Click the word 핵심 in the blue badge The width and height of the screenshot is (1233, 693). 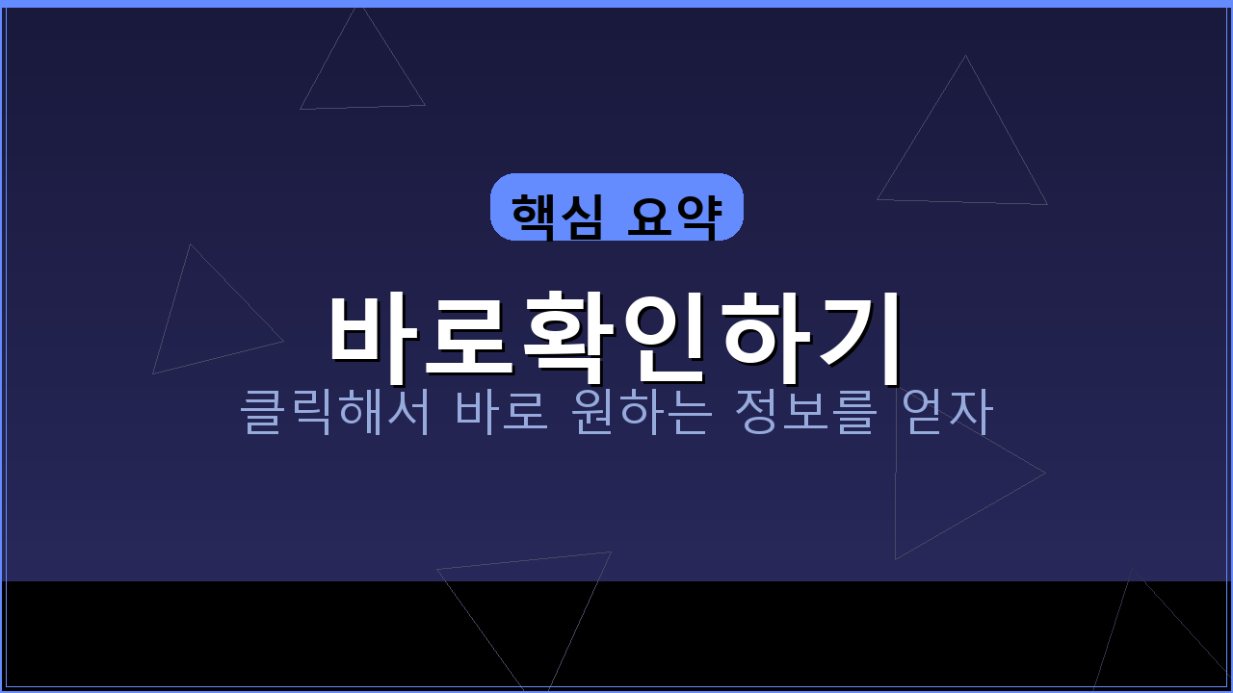point(557,216)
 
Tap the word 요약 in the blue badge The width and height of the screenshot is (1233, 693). point(673,216)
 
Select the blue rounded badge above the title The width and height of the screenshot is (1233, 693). point(616,207)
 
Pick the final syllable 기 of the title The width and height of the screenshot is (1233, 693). point(857,334)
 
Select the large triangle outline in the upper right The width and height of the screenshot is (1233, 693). point(963,154)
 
